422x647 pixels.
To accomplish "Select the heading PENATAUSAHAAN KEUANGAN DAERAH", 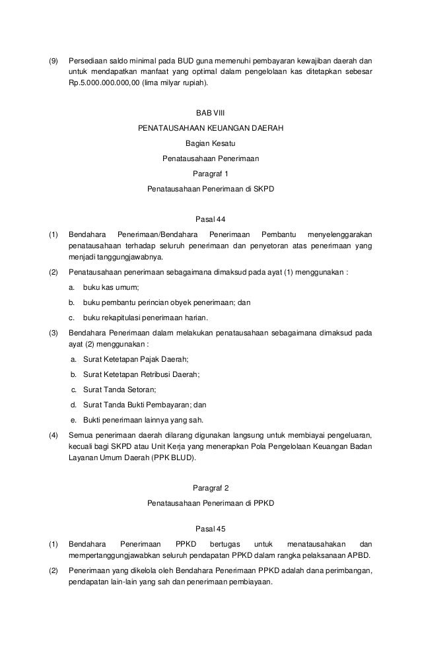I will click(x=211, y=128).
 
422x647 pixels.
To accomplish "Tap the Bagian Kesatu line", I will click(x=211, y=143).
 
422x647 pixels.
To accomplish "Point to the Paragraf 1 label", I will click(x=211, y=174).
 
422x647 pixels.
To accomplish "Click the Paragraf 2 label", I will click(x=211, y=488).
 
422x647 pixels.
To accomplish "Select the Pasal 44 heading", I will click(x=211, y=219).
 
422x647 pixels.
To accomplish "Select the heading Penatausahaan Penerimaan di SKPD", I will click(x=211, y=189).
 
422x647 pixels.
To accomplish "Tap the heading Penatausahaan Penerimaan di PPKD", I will click(x=211, y=503).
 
